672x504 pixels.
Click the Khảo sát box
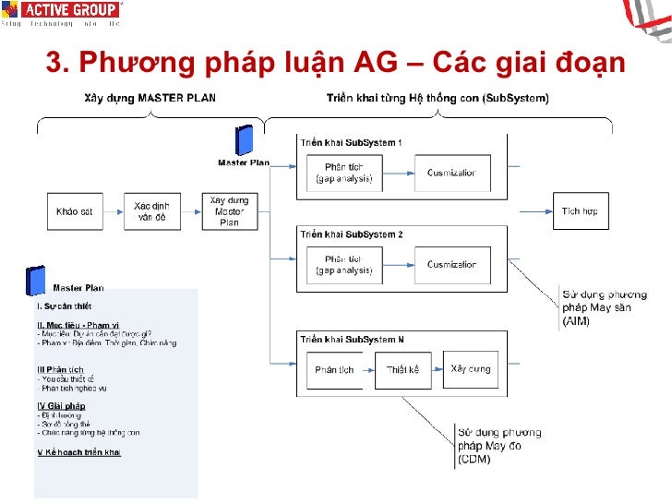74,211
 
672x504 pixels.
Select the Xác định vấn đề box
150,211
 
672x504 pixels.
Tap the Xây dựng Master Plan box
229,211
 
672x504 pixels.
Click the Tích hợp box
580,211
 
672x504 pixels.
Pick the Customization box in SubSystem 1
451,173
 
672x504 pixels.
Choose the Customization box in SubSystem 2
451,265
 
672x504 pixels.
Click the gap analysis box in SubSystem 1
344,173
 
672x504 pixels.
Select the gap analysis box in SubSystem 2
344,265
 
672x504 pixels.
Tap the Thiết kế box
402,370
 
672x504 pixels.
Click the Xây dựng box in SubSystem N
471,369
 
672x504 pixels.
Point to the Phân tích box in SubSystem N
334,370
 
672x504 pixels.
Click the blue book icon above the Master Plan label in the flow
245,140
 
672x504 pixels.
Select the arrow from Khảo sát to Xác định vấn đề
112,211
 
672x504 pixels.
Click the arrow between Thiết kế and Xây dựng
436,370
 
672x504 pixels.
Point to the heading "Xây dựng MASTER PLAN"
150,99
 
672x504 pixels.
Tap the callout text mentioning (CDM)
498,446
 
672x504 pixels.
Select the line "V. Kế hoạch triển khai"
78,452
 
